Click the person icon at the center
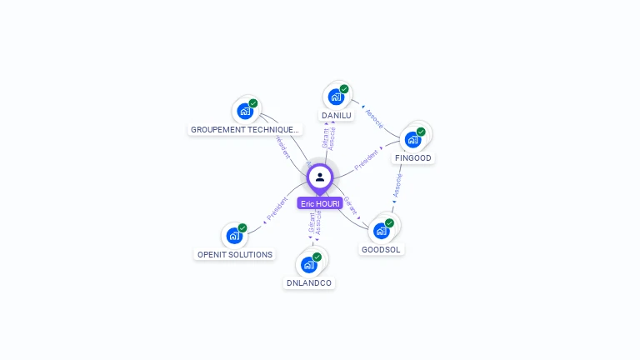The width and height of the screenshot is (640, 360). [x=320, y=177]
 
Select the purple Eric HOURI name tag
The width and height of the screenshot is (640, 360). [x=320, y=203]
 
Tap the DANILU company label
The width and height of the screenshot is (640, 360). [x=337, y=116]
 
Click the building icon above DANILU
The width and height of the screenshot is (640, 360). [x=336, y=96]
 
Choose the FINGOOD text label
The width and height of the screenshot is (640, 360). [x=413, y=158]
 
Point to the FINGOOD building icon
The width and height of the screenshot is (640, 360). [x=412, y=138]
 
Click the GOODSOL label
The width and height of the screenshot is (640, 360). [x=381, y=249]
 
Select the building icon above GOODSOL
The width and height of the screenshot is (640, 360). [x=382, y=230]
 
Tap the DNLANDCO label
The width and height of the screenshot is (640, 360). [x=309, y=283]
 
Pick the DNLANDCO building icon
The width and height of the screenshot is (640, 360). [x=309, y=264]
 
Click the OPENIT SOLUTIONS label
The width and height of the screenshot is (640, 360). [x=235, y=254]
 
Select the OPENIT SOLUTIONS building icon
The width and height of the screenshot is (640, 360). [x=234, y=235]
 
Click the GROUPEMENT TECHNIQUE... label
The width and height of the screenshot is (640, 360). [x=244, y=130]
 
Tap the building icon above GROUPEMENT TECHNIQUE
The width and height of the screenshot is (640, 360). [x=245, y=110]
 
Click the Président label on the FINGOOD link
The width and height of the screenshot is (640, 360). [x=367, y=159]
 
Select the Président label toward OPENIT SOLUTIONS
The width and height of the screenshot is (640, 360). [x=277, y=209]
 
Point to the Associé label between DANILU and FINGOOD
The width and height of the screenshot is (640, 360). [x=374, y=118]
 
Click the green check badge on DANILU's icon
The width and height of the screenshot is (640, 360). [x=344, y=89]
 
